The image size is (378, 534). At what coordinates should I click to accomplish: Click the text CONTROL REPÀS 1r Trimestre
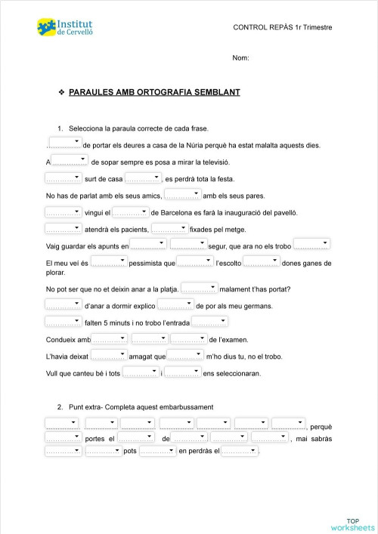click(283, 28)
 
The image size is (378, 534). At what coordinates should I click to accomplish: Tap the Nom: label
click(240, 58)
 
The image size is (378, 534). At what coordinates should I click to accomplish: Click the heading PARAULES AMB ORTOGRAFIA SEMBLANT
click(154, 92)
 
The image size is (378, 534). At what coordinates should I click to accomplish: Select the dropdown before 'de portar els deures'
click(64, 143)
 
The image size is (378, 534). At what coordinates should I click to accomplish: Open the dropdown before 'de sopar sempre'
click(70, 161)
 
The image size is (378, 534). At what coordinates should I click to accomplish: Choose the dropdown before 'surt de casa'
click(64, 178)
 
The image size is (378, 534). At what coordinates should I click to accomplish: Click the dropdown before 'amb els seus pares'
click(182, 196)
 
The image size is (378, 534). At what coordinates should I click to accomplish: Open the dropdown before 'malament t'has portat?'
click(200, 289)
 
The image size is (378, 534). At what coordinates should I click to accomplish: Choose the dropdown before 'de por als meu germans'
click(175, 306)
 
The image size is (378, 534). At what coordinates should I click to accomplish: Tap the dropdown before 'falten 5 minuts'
click(64, 323)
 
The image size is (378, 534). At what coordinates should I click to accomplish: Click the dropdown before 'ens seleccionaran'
click(182, 373)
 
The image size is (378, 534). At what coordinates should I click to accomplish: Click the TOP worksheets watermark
click(352, 523)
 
